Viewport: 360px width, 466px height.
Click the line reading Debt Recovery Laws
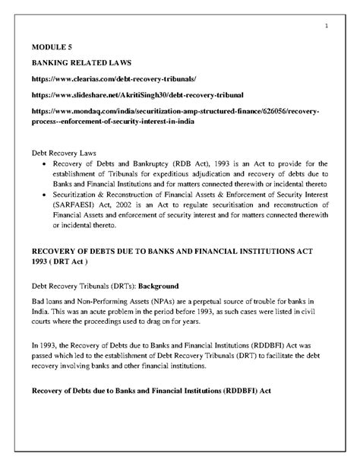click(x=67, y=153)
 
